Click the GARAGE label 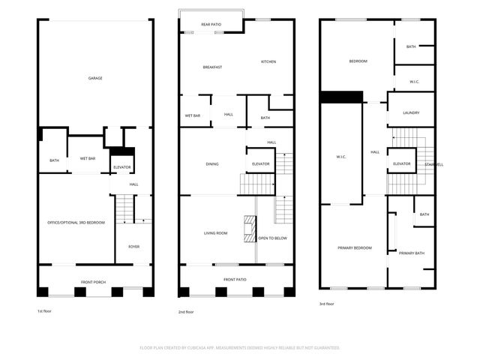pyautogui.click(x=95, y=78)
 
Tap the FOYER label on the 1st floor pyautogui.click(x=133, y=246)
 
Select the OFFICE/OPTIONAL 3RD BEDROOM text pyautogui.click(x=76, y=223)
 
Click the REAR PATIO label pyautogui.click(x=211, y=25)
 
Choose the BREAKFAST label pyautogui.click(x=212, y=67)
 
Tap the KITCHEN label pyautogui.click(x=269, y=61)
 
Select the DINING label pyautogui.click(x=212, y=163)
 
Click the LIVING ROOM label pyautogui.click(x=215, y=233)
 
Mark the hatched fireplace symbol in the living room pyautogui.click(x=249, y=229)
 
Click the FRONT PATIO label pyautogui.click(x=235, y=279)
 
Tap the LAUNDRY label pyautogui.click(x=410, y=113)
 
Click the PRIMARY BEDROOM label pyautogui.click(x=354, y=247)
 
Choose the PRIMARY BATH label pyautogui.click(x=411, y=253)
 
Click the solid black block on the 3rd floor pyautogui.click(x=341, y=97)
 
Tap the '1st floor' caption pyautogui.click(x=45, y=310)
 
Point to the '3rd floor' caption pyautogui.click(x=327, y=304)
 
